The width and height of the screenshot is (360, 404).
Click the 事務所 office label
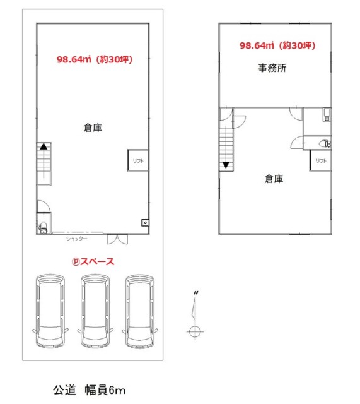point(272,68)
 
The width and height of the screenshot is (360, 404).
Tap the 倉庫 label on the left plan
point(93,128)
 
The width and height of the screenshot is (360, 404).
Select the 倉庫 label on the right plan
point(274,179)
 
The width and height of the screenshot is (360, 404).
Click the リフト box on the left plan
point(138,160)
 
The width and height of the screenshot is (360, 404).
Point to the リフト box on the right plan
point(320,160)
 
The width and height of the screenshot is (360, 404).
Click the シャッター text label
point(77,239)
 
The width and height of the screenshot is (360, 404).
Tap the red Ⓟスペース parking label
point(93,262)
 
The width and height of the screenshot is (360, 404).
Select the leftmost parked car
point(50,311)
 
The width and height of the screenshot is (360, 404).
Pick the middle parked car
point(95,311)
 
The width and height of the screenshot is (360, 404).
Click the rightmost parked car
point(140,311)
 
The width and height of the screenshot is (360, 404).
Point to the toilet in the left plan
point(43,227)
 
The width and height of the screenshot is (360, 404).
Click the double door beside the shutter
point(117,239)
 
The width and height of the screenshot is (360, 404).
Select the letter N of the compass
point(196,293)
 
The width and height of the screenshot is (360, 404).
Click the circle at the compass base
point(195,331)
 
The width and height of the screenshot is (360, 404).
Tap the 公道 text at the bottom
point(64,390)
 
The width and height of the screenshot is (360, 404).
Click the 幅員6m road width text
point(105,390)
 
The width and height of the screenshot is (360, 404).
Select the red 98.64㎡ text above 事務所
point(257,45)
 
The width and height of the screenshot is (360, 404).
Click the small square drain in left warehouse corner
point(145,223)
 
